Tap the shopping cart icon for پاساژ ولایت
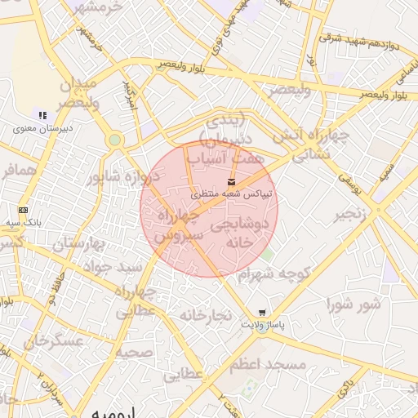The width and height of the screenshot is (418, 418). point(261,313)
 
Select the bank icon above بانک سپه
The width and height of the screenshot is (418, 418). point(22,210)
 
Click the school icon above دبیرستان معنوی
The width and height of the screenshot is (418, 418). point(42,115)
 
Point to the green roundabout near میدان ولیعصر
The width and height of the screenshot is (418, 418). point(115,140)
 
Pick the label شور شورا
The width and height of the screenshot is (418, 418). point(354,305)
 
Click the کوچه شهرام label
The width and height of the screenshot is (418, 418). point(283,273)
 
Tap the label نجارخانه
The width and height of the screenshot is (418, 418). point(206,315)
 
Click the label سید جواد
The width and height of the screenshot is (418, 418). point(114,266)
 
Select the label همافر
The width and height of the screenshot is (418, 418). point(19,170)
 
